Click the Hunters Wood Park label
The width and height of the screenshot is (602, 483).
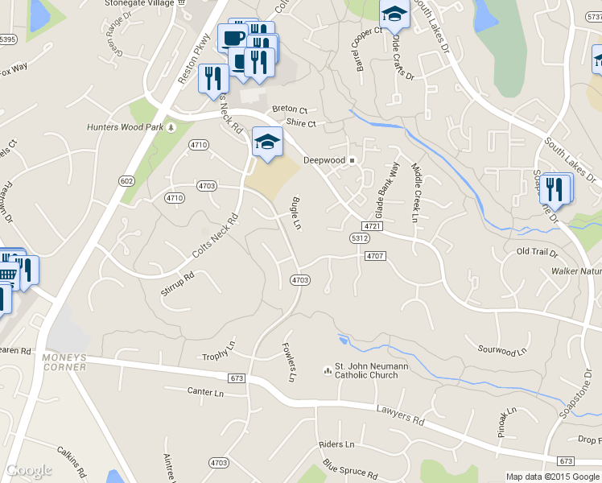click(x=125, y=127)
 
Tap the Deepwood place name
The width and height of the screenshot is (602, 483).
click(x=324, y=160)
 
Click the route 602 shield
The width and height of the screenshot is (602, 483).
click(x=126, y=181)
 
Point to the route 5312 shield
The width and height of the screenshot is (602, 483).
click(x=359, y=238)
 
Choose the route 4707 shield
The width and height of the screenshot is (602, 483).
click(x=375, y=256)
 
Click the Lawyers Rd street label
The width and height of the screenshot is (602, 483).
click(x=400, y=415)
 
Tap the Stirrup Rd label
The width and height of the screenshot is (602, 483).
click(x=177, y=284)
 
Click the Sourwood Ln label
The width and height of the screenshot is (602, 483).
click(x=501, y=351)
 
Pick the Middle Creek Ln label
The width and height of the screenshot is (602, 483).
click(x=416, y=192)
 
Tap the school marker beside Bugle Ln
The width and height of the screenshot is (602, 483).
click(x=267, y=142)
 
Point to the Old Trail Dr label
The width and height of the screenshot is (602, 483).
click(x=536, y=252)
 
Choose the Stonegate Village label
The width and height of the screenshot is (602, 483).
click(x=139, y=3)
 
